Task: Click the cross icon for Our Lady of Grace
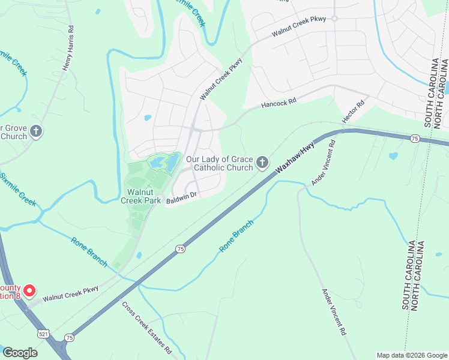point(262,163)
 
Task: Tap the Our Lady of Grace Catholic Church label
point(219,163)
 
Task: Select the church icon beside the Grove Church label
point(36,131)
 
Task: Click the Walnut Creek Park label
point(140,196)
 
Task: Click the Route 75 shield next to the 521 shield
point(70,338)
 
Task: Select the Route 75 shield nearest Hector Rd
point(415,139)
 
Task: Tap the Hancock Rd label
point(279,104)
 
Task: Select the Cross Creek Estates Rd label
point(146,327)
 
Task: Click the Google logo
point(20,353)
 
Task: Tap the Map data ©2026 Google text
point(411,355)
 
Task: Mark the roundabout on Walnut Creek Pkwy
point(334,18)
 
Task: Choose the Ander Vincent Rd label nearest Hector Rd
point(322,161)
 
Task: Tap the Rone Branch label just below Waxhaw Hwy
point(236,236)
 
